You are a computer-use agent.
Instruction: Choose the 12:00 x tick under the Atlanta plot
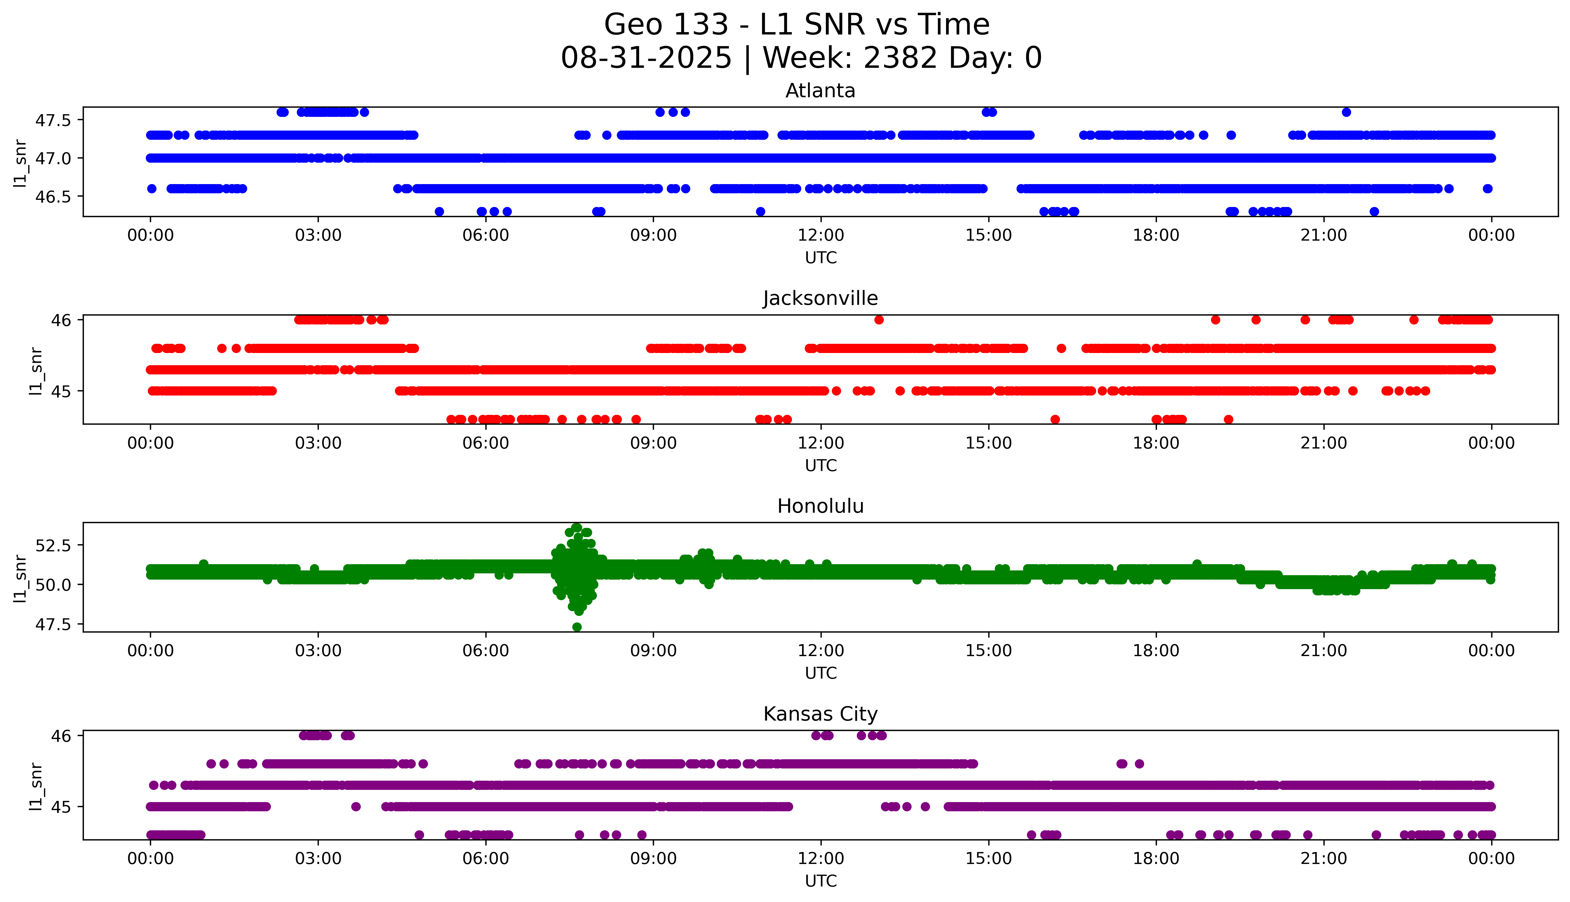[821, 236]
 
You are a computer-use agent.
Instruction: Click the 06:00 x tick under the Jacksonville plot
[486, 443]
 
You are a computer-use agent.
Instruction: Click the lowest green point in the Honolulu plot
[577, 627]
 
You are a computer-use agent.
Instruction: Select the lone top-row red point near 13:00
[879, 320]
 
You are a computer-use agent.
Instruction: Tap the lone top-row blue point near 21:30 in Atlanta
[1346, 112]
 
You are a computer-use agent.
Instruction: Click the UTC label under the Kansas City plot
[821, 880]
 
